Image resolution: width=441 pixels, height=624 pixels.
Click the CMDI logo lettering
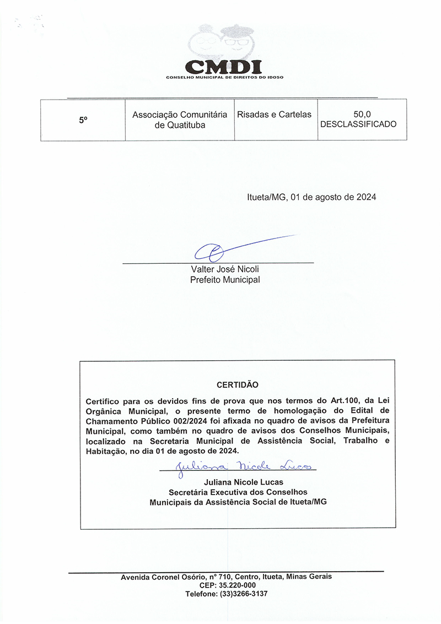[x=223, y=66]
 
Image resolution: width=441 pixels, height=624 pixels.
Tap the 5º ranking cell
[x=83, y=120]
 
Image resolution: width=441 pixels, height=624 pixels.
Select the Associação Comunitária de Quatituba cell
[x=180, y=120]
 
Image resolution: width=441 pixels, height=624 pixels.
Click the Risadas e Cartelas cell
[x=274, y=115]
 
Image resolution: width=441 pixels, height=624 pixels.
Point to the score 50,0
[x=362, y=115]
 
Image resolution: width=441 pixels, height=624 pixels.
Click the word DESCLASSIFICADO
[x=358, y=124]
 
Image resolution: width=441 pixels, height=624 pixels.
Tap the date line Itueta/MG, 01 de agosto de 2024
[x=311, y=197]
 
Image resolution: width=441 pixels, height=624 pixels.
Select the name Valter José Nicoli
[x=224, y=269]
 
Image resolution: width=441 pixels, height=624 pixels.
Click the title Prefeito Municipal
[x=224, y=280]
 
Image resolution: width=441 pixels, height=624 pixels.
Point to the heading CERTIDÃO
[x=237, y=384]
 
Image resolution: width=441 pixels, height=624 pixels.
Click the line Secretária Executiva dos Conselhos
[x=238, y=492]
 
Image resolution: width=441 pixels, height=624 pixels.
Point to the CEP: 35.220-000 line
[x=227, y=585]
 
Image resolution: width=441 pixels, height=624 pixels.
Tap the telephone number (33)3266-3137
[x=244, y=594]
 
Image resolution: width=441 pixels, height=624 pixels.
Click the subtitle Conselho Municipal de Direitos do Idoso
[x=224, y=77]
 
